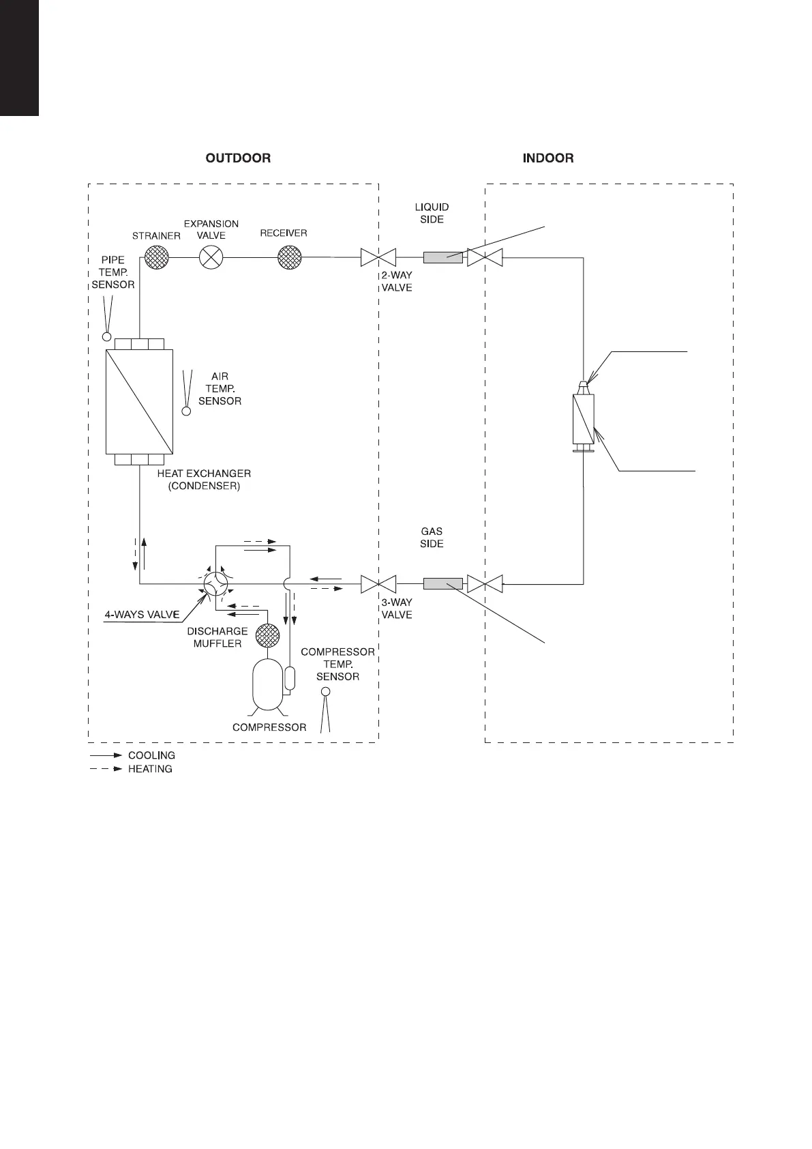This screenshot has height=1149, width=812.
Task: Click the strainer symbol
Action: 157,258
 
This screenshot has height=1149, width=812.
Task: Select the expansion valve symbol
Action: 211,258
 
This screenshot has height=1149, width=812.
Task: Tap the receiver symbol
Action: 290,258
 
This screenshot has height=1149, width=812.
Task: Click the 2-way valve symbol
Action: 378,258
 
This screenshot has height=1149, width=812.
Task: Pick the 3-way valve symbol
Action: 378,584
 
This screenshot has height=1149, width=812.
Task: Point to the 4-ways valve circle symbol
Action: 216,583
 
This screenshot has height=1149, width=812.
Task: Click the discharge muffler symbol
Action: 267,636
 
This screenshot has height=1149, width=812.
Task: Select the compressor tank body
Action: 267,685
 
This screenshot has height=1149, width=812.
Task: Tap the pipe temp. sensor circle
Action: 106,336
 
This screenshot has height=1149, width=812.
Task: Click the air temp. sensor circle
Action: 186,411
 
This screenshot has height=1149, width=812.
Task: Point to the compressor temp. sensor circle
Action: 325,692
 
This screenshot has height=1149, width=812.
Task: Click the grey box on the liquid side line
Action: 442,258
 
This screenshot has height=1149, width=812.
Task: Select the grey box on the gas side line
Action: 442,584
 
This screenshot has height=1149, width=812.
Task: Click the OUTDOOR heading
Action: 238,158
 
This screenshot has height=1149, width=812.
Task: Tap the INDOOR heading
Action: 547,158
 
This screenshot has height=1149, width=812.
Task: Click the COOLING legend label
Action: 151,755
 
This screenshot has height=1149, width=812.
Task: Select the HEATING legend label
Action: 150,769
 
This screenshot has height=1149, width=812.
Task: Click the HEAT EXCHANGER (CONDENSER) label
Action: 204,480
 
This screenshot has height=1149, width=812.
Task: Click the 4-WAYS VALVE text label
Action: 142,615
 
